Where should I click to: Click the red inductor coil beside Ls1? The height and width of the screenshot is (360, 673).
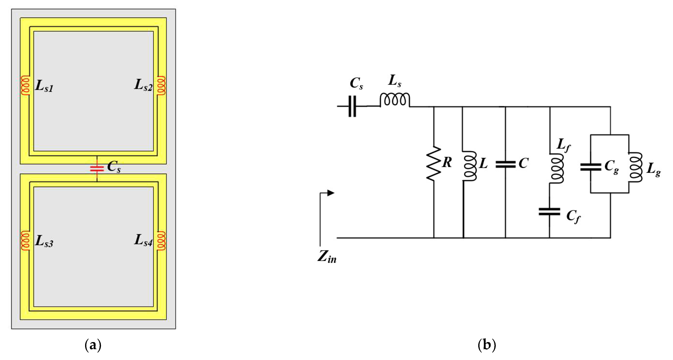[25, 85]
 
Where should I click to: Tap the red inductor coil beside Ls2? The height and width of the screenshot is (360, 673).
[161, 85]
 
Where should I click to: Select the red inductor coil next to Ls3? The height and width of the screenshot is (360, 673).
[25, 240]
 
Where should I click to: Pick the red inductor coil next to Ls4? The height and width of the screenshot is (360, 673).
[161, 240]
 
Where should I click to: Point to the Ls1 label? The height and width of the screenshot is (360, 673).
[44, 86]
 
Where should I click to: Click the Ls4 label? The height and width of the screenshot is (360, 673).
[143, 240]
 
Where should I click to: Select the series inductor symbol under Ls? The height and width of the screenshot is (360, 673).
[395, 100]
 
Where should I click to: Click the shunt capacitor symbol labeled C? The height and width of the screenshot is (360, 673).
[505, 164]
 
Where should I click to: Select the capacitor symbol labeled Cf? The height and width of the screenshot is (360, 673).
[549, 212]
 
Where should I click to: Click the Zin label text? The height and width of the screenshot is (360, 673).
[327, 257]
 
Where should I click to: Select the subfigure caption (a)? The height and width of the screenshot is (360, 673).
[93, 345]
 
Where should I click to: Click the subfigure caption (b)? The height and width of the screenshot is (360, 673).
[487, 345]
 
